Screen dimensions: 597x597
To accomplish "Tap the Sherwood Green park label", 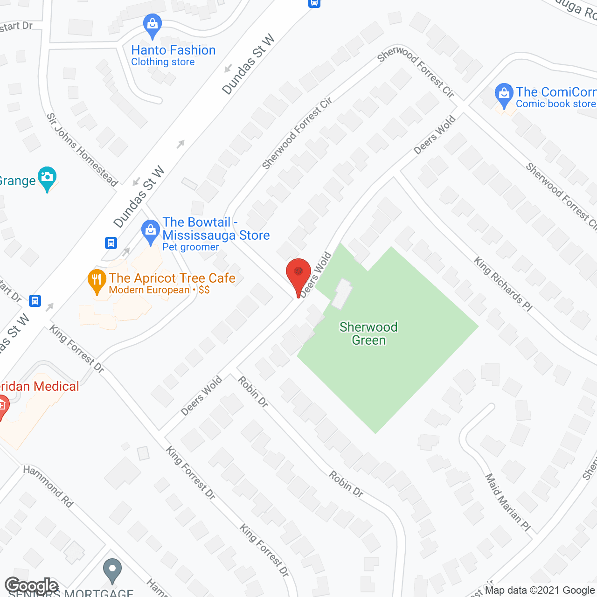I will click(x=368, y=333).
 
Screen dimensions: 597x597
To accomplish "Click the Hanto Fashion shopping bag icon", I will click(x=152, y=26).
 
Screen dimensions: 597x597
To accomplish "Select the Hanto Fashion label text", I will click(x=173, y=50).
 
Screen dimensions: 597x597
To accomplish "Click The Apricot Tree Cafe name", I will click(x=172, y=278).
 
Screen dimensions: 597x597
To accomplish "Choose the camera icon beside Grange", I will click(x=47, y=178).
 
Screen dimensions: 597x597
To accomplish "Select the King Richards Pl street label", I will click(x=503, y=284).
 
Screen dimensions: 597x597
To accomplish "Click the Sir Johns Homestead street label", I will click(x=82, y=150).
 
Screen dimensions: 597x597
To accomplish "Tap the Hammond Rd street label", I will click(x=49, y=486).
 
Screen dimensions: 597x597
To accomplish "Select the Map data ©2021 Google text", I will click(x=540, y=590).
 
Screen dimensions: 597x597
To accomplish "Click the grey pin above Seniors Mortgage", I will click(x=112, y=570).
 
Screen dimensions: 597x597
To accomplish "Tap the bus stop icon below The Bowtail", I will click(x=111, y=243).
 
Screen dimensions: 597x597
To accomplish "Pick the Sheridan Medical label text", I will click(x=40, y=386).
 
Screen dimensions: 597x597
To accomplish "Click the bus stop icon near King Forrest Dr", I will click(x=35, y=301).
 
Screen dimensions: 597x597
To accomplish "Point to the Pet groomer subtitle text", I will click(x=190, y=247).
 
